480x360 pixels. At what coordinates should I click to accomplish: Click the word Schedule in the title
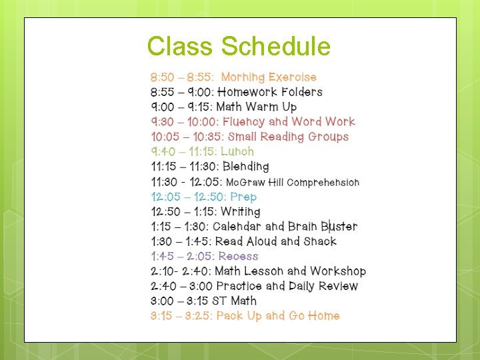pyautogui.click(x=276, y=47)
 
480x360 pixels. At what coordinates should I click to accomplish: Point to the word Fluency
pyautogui.click(x=243, y=122)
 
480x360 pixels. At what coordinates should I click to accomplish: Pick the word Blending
pyautogui.click(x=246, y=167)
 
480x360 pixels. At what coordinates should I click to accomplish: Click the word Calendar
pyautogui.click(x=238, y=227)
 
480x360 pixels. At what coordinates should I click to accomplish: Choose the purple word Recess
pyautogui.click(x=238, y=256)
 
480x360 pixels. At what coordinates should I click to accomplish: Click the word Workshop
pyautogui.click(x=338, y=271)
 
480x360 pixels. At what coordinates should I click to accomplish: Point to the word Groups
pyautogui.click(x=327, y=137)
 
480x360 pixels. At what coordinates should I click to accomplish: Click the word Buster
pyautogui.click(x=339, y=227)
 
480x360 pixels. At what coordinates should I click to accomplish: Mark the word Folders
pyautogui.click(x=302, y=92)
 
